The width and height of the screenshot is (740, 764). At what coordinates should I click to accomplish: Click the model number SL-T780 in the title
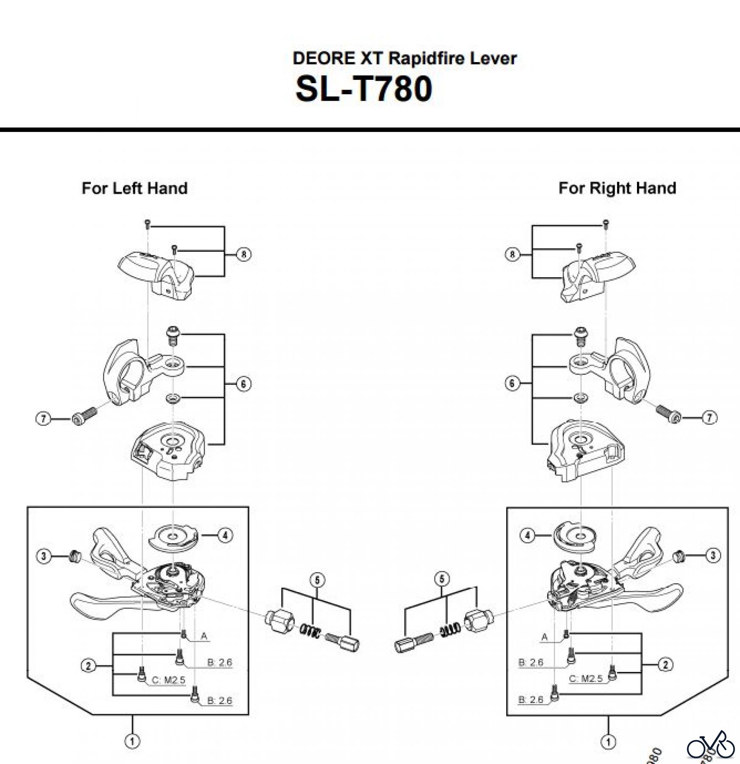click(364, 89)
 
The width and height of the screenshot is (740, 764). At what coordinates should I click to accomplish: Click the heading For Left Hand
click(134, 188)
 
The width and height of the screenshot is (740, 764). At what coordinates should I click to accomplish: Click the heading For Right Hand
click(617, 188)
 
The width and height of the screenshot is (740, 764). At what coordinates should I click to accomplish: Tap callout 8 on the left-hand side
click(243, 254)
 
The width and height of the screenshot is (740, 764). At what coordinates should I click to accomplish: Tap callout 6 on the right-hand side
click(512, 383)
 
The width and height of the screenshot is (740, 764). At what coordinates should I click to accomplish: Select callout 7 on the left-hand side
click(43, 419)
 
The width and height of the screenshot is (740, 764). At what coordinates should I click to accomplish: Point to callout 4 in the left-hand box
click(225, 535)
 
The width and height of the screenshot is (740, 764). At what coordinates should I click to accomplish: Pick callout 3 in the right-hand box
click(713, 555)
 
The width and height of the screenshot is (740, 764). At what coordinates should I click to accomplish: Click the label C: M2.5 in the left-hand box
click(168, 680)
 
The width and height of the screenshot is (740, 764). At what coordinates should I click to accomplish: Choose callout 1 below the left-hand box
click(132, 741)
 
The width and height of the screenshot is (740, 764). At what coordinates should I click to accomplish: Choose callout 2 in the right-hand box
click(665, 665)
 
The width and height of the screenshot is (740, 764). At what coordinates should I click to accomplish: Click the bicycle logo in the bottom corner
click(710, 747)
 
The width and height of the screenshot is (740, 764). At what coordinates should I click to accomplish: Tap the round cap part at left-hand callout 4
click(174, 537)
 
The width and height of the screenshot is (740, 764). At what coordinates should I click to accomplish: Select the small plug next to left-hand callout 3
click(75, 556)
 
